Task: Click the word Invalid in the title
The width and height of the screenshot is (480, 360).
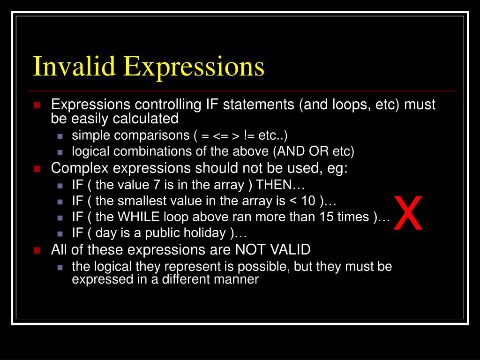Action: [x=74, y=66]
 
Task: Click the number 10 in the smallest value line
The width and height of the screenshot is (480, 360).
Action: [x=308, y=201]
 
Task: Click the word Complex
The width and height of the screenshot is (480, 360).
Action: [x=75, y=168]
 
